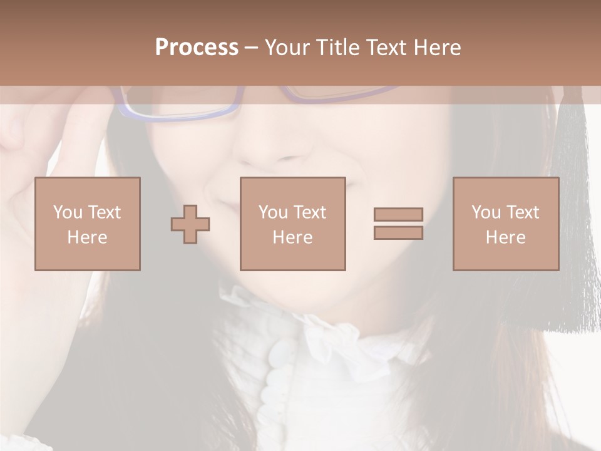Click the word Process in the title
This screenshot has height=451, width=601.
[x=197, y=48]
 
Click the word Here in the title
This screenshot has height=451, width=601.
[x=437, y=48]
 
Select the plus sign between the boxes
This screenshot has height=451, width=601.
[x=190, y=224]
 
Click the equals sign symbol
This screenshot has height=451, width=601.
[x=398, y=224]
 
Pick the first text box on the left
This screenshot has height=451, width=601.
[x=87, y=224]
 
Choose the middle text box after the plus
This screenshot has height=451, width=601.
[x=292, y=224]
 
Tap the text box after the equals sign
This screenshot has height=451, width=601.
[x=505, y=224]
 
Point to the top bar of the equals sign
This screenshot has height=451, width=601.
[x=398, y=215]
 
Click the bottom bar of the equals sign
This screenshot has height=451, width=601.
[x=398, y=233]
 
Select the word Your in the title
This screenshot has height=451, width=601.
[x=289, y=48]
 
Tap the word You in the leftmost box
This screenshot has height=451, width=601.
[x=68, y=212]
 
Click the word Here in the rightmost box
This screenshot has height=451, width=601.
[x=505, y=237]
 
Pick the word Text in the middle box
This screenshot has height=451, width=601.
[x=310, y=212]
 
